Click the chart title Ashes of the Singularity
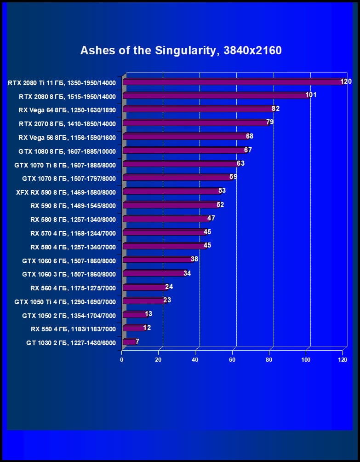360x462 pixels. click(181, 50)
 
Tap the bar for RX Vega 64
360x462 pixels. click(198, 110)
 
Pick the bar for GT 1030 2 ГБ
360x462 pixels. click(130, 342)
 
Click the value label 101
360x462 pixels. click(311, 95)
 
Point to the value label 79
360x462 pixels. click(270, 122)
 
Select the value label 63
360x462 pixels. click(240, 163)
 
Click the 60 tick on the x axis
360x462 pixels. click(232, 359)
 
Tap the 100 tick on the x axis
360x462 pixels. click(306, 359)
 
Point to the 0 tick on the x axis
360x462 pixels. click(122, 359)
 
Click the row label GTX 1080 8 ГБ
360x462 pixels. click(67, 151)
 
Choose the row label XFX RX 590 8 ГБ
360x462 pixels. click(66, 192)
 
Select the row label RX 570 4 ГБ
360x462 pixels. click(73, 233)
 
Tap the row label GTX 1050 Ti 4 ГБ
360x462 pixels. click(65, 302)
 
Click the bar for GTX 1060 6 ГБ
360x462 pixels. click(156, 260)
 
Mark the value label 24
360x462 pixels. click(169, 287)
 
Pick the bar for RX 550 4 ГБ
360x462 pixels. click(133, 328)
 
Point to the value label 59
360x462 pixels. click(233, 177)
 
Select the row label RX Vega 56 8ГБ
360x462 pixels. click(67, 137)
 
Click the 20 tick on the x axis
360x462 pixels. click(159, 359)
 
